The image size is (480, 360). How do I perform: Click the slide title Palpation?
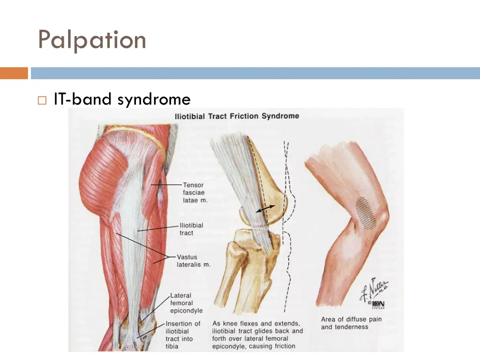click(x=92, y=39)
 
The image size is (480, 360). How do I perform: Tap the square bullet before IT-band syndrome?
click(x=42, y=100)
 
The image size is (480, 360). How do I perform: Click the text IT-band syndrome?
click(x=122, y=99)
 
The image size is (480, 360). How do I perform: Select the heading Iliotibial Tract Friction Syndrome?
click(x=237, y=116)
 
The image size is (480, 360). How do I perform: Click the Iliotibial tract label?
click(x=192, y=228)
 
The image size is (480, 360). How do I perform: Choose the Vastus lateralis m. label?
click(x=193, y=261)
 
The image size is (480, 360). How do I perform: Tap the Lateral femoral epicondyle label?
click(x=186, y=303)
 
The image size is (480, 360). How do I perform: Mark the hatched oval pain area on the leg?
click(x=366, y=212)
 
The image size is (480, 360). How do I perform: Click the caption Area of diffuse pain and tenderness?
click(x=351, y=323)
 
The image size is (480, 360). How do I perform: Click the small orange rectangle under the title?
click(x=14, y=73)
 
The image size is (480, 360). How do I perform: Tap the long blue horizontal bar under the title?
click(x=255, y=73)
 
